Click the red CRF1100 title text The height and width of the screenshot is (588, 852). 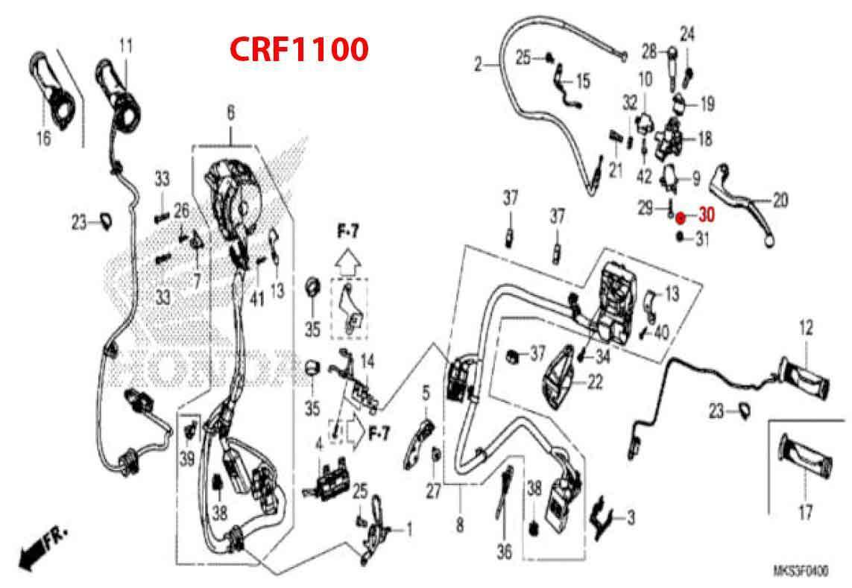tap(298, 49)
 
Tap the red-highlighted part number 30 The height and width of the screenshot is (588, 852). tap(705, 216)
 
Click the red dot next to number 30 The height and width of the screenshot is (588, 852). tap(680, 217)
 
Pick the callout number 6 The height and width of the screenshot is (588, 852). tap(230, 113)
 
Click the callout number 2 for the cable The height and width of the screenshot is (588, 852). tap(478, 66)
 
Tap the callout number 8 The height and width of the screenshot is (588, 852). tap(459, 526)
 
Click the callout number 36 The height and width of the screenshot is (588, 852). tap(505, 552)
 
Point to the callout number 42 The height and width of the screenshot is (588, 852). tap(643, 177)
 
